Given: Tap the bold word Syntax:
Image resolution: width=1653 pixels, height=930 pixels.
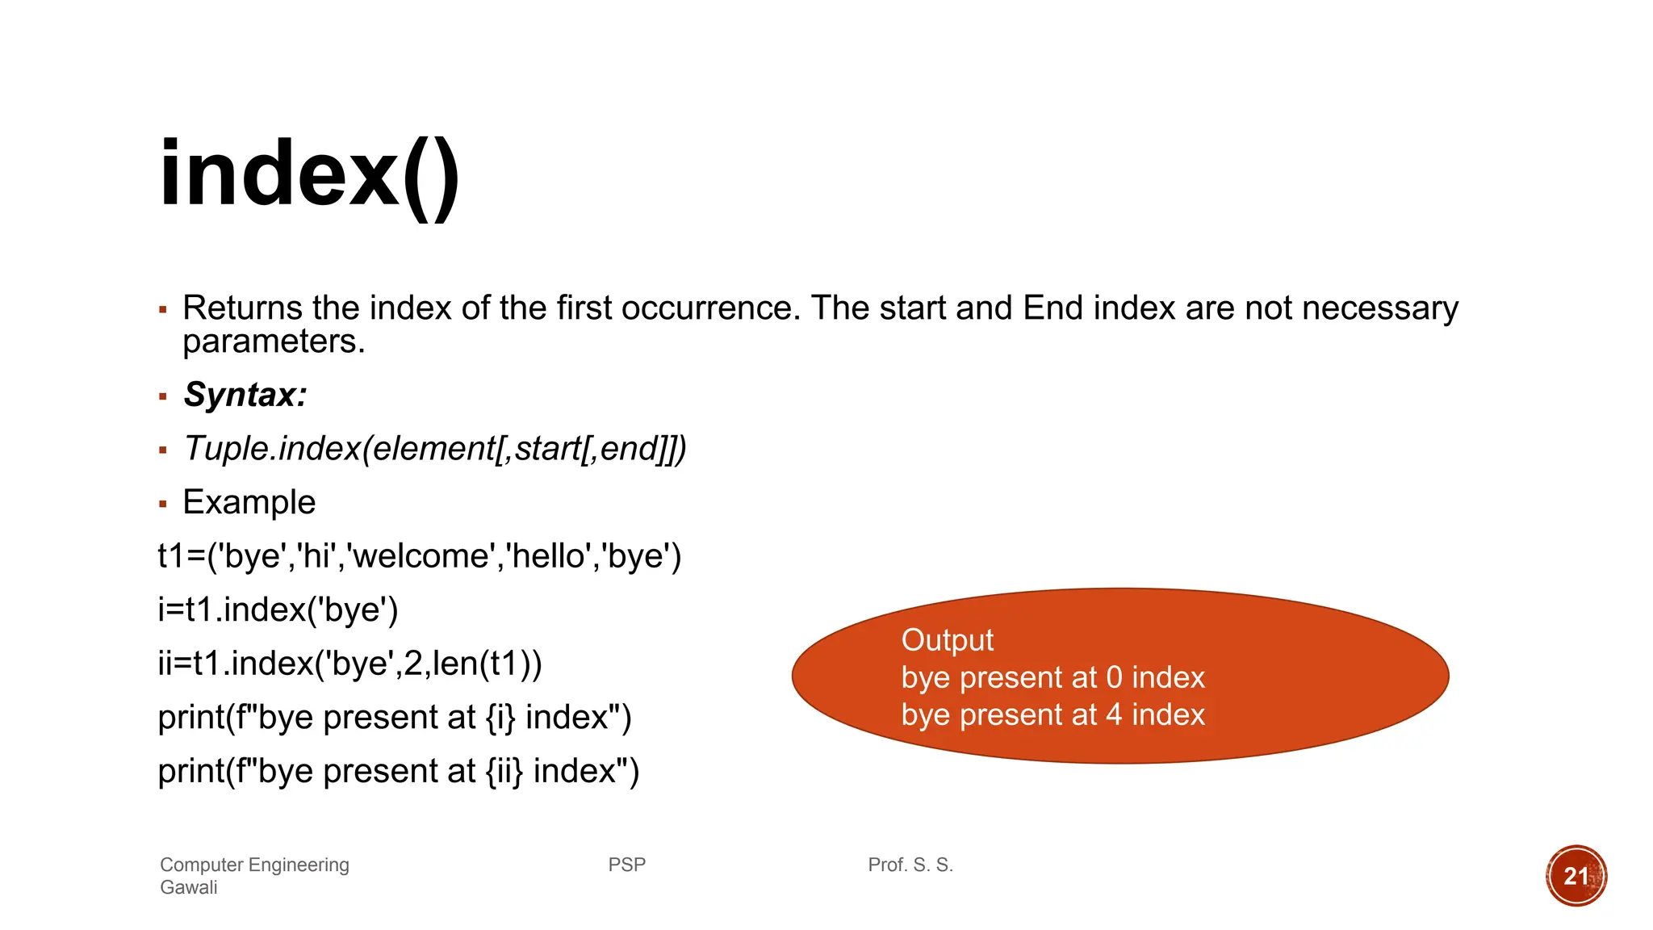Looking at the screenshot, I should tap(245, 395).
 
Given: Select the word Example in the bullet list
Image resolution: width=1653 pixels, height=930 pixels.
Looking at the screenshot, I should tap(249, 502).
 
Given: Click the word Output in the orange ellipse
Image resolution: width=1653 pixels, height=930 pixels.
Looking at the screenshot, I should tap(947, 639).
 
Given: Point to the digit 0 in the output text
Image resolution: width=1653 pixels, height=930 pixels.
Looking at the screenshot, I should tap(1114, 677).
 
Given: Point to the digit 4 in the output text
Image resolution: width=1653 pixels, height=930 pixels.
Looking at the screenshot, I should tap(1114, 714).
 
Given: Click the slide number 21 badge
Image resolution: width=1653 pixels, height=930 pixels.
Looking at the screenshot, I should tap(1576, 876).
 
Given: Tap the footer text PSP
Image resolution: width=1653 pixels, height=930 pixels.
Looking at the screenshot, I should tap(626, 865).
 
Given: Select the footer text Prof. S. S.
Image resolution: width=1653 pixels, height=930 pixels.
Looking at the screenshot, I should tap(910, 865).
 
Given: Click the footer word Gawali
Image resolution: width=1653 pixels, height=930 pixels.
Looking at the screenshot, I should tap(189, 887).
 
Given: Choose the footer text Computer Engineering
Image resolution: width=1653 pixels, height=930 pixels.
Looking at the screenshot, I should tap(254, 865).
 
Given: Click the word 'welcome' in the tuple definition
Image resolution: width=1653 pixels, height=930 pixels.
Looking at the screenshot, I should tap(421, 556).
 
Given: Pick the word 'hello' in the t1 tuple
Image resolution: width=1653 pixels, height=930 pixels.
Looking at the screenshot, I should tap(549, 556).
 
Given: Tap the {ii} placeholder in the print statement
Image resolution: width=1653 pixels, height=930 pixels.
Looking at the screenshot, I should tap(504, 771).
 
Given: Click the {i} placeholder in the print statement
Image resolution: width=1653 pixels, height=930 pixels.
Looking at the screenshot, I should tap(500, 718).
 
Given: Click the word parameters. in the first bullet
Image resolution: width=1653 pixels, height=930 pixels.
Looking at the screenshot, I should tap(274, 341).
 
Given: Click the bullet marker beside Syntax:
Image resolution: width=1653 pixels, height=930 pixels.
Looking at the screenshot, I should tap(163, 396).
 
